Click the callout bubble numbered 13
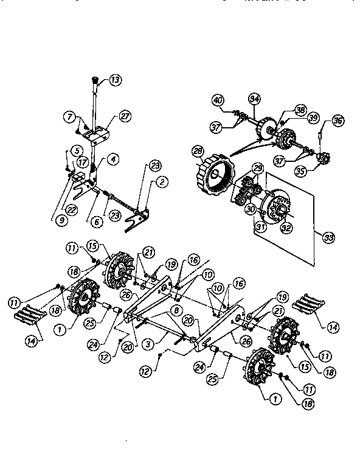point(116,79)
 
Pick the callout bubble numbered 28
point(198,150)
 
